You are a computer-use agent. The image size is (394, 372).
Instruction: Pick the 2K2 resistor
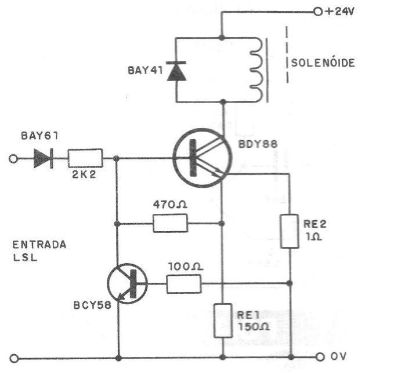[x=85, y=158]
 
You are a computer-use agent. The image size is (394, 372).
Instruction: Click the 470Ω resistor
[x=170, y=223]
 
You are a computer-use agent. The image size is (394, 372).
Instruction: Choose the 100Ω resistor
[x=184, y=284]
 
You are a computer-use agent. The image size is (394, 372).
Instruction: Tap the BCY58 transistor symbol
[x=128, y=283]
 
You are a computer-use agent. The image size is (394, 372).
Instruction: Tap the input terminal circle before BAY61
[x=14, y=158]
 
